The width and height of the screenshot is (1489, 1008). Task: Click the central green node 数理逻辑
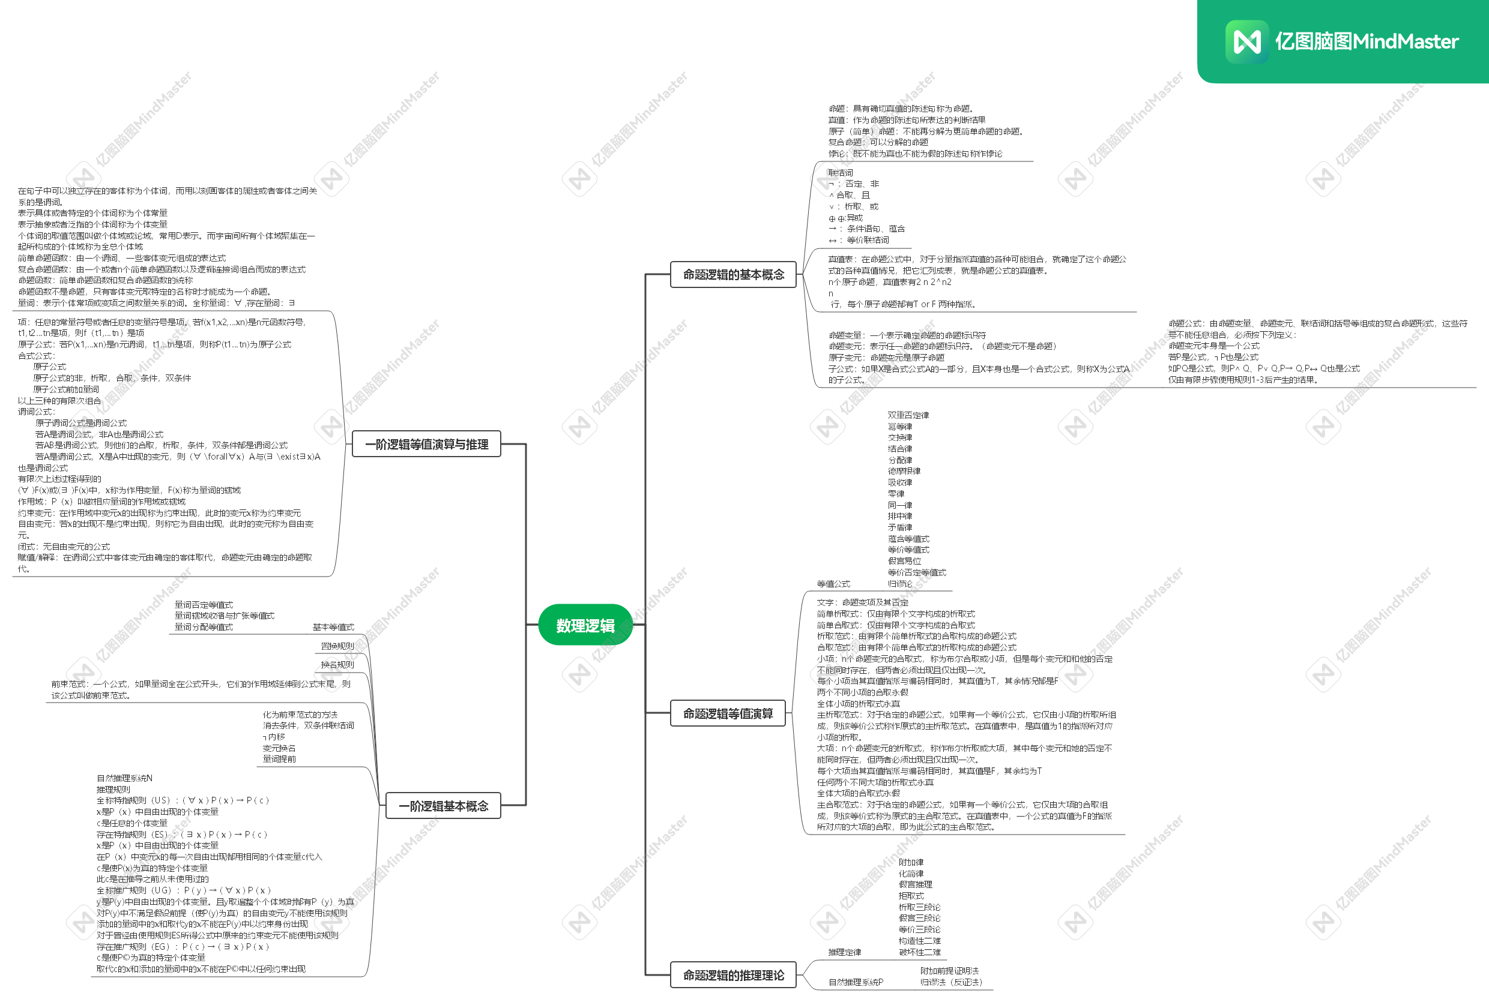click(585, 625)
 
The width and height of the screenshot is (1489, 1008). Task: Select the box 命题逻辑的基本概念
click(733, 275)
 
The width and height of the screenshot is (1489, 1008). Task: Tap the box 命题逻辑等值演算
click(727, 713)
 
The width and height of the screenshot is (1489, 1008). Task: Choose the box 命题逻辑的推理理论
click(733, 974)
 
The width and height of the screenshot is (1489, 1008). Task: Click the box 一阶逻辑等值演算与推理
click(426, 444)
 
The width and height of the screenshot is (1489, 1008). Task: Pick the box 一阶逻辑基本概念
click(442, 806)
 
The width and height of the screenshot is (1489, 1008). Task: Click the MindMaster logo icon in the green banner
click(1246, 42)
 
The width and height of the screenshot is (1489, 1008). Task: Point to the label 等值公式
click(833, 584)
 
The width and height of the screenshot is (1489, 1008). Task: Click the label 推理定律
click(844, 952)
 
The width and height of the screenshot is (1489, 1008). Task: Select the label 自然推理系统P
click(856, 982)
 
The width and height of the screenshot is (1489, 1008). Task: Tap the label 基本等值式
click(333, 627)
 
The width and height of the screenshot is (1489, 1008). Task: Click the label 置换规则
click(337, 646)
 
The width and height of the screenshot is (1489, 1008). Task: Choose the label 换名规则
click(337, 665)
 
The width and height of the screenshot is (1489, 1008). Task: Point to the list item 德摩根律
click(904, 472)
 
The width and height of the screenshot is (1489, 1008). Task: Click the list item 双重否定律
click(908, 415)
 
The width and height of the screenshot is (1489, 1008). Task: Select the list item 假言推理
click(915, 884)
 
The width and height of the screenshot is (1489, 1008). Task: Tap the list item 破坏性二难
click(919, 952)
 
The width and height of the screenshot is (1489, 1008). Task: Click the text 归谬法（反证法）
click(951, 982)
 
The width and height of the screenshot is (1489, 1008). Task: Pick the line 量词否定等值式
click(204, 605)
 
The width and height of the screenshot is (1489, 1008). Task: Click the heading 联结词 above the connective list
click(840, 173)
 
